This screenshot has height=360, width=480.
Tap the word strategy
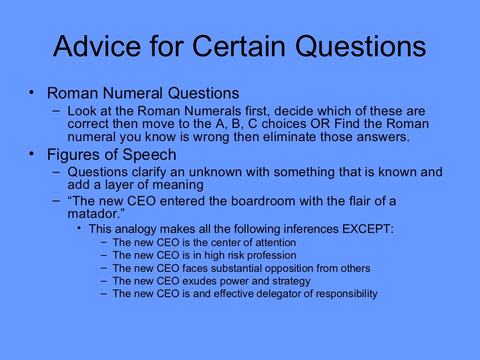(292, 281)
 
